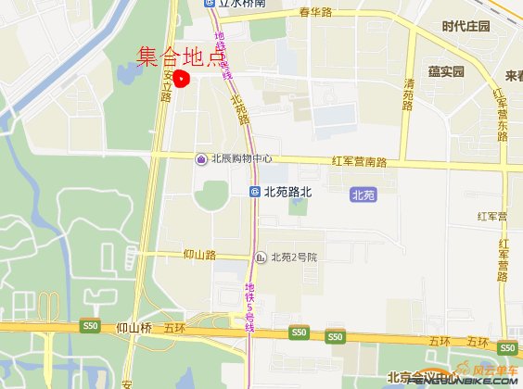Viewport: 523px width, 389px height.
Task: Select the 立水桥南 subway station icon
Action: click(x=210, y=4)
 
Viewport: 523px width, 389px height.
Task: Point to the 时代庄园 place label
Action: click(x=465, y=26)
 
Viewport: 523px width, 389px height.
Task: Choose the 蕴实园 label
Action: click(x=446, y=71)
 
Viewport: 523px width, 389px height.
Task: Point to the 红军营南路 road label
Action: click(x=359, y=161)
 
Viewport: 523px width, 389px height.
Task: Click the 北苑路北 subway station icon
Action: click(x=255, y=193)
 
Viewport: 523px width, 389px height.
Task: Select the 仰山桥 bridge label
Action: click(x=134, y=328)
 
